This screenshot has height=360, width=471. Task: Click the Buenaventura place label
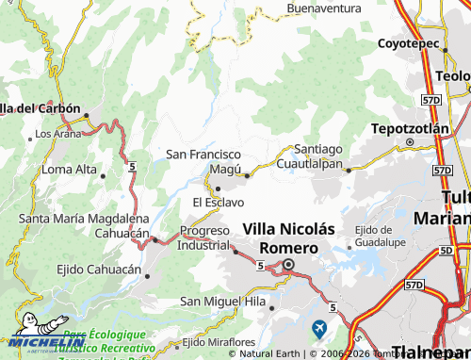pos(324,8)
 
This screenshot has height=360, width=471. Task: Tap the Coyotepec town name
pos(408,43)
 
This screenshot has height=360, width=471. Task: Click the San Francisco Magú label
pos(204,160)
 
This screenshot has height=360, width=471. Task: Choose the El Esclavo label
pos(218,202)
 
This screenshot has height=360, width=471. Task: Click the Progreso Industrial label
pos(203,238)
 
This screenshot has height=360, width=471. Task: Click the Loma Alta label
pos(70,170)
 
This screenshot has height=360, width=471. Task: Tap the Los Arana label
pos(58,135)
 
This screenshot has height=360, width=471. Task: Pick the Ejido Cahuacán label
pos(78,270)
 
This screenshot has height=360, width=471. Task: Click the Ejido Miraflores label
pos(219,341)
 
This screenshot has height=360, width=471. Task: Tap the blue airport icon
pos(319,327)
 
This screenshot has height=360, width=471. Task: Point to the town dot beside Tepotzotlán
pos(409,142)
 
